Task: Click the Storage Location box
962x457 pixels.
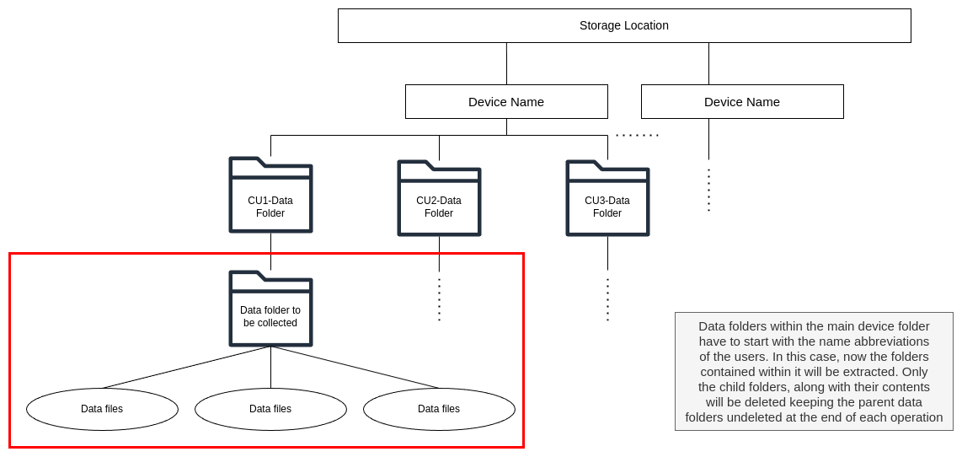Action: tap(623, 25)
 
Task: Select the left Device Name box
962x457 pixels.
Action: tap(506, 101)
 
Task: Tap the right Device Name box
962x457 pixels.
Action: tap(742, 101)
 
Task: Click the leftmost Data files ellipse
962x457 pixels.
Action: tap(102, 409)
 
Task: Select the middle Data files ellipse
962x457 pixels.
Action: tap(270, 409)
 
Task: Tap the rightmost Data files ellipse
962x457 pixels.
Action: tap(439, 409)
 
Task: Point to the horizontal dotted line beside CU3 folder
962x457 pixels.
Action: tap(637, 135)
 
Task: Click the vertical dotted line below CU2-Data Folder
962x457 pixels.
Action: tap(439, 299)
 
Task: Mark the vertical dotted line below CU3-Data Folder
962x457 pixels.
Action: tap(607, 299)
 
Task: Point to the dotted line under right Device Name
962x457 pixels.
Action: tap(708, 190)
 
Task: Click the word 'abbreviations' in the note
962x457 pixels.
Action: tap(890, 341)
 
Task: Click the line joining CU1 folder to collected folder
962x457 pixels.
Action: tap(270, 251)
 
